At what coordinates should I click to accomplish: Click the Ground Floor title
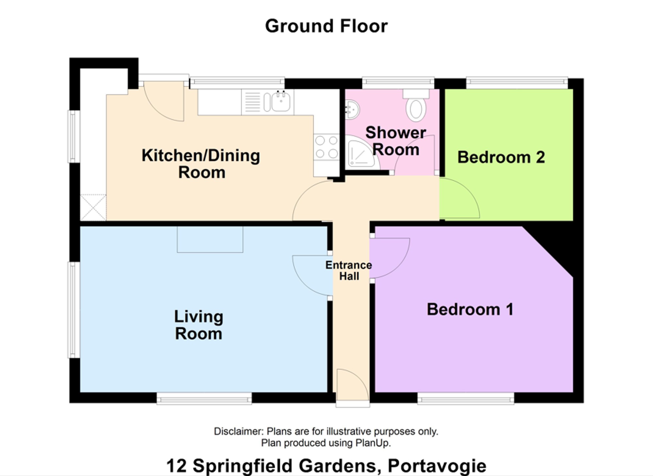click(326, 26)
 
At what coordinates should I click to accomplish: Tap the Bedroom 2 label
click(501, 157)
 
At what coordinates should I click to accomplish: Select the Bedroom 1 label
click(470, 309)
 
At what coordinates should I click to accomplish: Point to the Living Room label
click(199, 325)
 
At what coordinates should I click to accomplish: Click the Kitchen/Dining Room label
click(201, 164)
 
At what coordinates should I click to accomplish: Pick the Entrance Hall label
click(349, 271)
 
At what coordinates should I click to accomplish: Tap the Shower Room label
click(396, 141)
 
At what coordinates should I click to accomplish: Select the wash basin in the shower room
click(352, 109)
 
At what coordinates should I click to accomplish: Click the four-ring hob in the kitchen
click(326, 147)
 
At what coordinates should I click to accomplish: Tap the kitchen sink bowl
click(281, 101)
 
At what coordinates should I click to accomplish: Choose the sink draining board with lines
click(252, 102)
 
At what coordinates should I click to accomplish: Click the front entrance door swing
click(353, 384)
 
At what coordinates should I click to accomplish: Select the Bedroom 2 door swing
click(459, 198)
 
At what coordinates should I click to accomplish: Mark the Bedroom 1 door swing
click(390, 258)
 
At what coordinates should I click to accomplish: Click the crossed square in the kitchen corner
click(93, 207)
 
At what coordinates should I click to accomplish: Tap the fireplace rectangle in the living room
click(210, 240)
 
